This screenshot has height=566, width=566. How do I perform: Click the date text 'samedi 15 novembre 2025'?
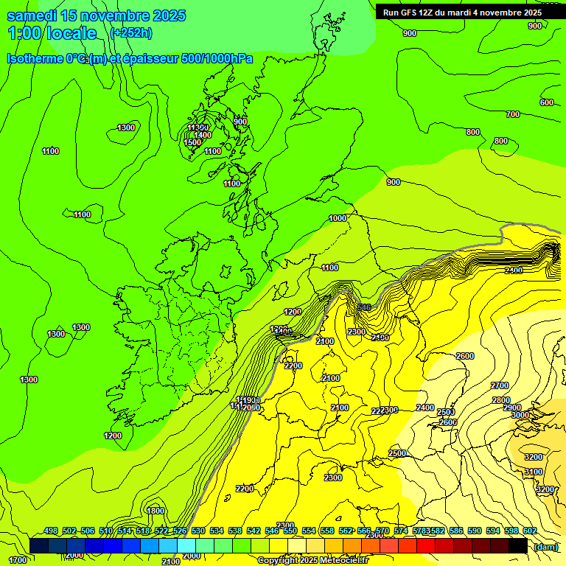[96, 15]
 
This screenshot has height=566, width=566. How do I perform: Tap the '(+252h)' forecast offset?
[131, 32]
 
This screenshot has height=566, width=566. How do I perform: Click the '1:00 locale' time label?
[52, 33]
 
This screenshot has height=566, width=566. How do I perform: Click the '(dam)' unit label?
[545, 546]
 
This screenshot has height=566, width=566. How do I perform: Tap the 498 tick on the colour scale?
[51, 531]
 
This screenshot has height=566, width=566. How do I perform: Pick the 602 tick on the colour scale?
[529, 531]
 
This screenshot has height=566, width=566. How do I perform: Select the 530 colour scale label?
[198, 531]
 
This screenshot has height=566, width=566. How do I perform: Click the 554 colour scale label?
[309, 531]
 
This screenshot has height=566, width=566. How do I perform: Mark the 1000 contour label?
[338, 218]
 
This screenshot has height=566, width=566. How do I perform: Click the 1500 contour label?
[193, 142]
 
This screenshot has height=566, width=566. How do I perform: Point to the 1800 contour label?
[156, 511]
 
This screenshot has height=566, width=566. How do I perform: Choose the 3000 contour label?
[520, 415]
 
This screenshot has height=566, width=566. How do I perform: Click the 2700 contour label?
[500, 385]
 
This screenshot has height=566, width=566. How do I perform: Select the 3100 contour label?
[534, 472]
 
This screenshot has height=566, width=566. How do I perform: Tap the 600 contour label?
[547, 102]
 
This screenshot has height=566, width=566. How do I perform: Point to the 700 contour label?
[513, 114]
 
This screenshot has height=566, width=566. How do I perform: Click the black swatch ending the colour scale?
[518, 546]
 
